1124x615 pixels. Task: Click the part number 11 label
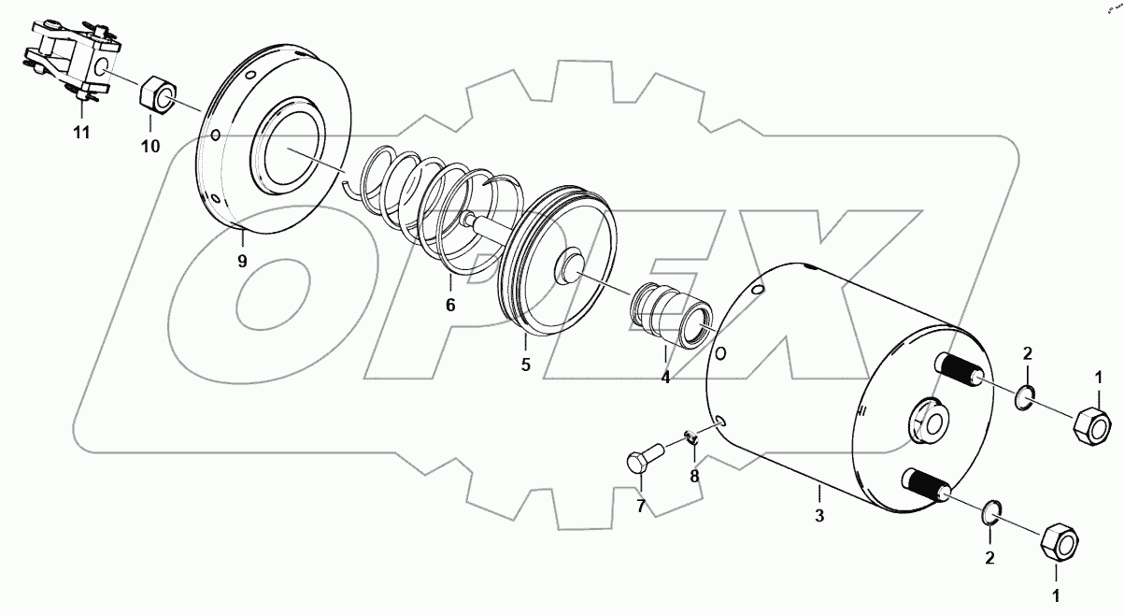pos(82,133)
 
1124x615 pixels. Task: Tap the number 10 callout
pos(150,146)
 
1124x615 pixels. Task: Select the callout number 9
pos(242,261)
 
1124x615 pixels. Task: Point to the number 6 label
pos(449,305)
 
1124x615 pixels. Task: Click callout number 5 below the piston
pos(526,365)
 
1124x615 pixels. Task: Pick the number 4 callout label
pos(665,379)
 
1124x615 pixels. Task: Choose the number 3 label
pos(818,515)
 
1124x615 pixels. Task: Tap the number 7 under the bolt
pos(641,507)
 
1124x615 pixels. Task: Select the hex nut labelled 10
pos(156,95)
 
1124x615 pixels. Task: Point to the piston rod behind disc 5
pos(482,225)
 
